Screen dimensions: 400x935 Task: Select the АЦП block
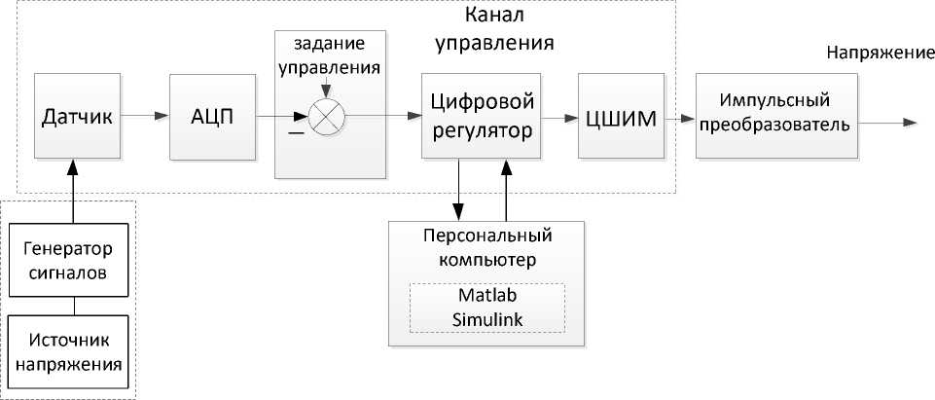(x=211, y=117)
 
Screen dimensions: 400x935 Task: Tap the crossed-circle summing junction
(x=324, y=118)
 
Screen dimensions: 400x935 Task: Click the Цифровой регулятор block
(x=481, y=115)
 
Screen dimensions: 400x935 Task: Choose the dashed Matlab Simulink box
(x=486, y=308)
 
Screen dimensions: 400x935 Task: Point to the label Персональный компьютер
(x=487, y=249)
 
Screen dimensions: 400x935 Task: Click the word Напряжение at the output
(x=874, y=54)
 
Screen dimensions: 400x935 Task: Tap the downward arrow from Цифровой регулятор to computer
(x=459, y=190)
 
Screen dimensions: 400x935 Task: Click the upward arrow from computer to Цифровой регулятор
(x=506, y=190)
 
